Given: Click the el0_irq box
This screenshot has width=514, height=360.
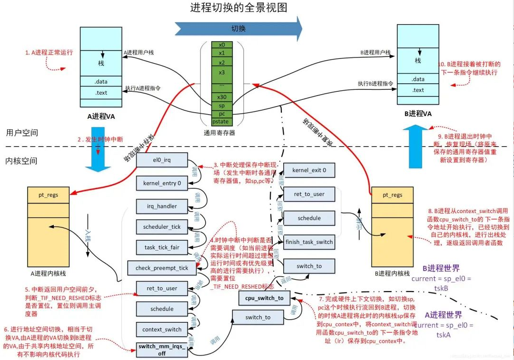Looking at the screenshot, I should [162, 160].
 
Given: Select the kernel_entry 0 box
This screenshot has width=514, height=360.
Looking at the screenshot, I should [162, 183].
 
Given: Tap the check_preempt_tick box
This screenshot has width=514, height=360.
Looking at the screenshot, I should [161, 268].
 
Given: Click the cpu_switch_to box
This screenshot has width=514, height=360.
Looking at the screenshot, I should [264, 298].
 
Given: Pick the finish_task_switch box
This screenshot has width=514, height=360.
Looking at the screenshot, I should [309, 242].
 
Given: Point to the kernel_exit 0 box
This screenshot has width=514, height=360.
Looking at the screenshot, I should [309, 170].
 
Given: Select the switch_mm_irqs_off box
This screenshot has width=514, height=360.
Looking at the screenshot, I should [162, 350].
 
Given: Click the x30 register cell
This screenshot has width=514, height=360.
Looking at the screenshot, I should [222, 97].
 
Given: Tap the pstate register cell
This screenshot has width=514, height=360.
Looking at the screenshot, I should [222, 122].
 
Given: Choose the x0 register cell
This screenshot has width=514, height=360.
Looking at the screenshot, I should [222, 45].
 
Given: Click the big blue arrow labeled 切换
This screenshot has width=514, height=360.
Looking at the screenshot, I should [238, 29].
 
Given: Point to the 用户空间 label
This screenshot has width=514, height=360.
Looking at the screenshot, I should [21, 133].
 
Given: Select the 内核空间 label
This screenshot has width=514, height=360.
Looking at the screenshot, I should [21, 161].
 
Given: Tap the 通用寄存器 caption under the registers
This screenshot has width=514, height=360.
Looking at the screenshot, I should [219, 133].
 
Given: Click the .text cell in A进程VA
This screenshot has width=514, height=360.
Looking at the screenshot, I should [100, 93].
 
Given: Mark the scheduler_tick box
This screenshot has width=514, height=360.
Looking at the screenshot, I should [162, 227].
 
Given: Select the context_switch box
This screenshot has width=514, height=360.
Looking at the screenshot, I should [162, 329].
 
